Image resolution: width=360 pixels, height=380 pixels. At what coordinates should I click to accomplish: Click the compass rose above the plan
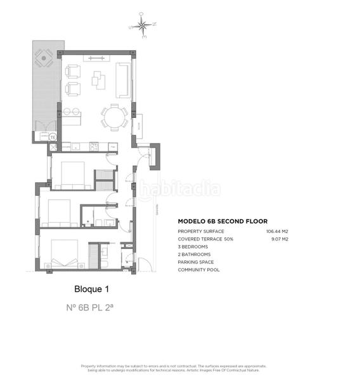(142, 26)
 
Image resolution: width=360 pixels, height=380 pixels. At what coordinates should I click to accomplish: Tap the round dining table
(114, 117)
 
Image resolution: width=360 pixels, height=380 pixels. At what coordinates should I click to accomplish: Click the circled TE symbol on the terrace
(53, 136)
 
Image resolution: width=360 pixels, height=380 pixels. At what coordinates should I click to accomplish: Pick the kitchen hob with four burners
(94, 146)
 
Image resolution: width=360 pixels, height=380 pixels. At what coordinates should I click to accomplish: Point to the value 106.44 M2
(277, 231)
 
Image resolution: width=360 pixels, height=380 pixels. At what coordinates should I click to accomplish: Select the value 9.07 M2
(280, 239)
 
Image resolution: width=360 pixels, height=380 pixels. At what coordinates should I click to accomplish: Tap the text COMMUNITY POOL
(198, 270)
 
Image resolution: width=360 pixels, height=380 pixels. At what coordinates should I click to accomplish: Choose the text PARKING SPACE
(196, 262)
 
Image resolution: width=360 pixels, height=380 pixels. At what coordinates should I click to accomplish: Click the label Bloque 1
(92, 289)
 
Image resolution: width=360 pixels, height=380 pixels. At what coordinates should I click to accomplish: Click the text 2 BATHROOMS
(195, 255)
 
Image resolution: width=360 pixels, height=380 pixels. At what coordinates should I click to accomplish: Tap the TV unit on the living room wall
(96, 59)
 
